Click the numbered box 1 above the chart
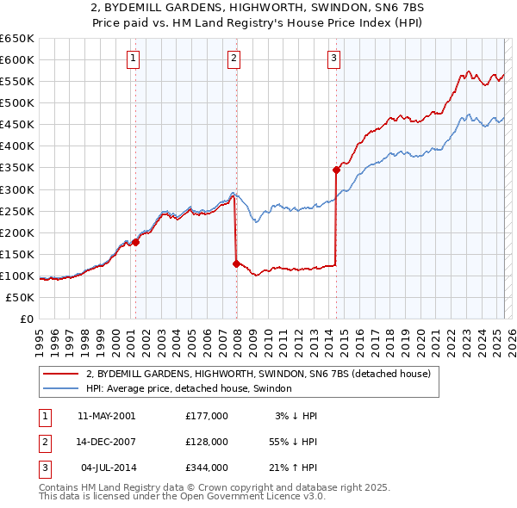click(x=134, y=59)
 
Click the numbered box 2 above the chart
click(x=234, y=59)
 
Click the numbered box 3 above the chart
click(x=333, y=59)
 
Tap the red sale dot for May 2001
click(x=136, y=243)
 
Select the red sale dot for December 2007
click(x=236, y=263)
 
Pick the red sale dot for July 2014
click(x=336, y=170)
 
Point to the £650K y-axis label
click(x=17, y=39)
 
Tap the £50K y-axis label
click(x=21, y=297)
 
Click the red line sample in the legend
click(x=60, y=374)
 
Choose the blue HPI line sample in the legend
click(x=60, y=388)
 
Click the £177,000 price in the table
click(x=207, y=416)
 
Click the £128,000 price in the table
click(x=207, y=442)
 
